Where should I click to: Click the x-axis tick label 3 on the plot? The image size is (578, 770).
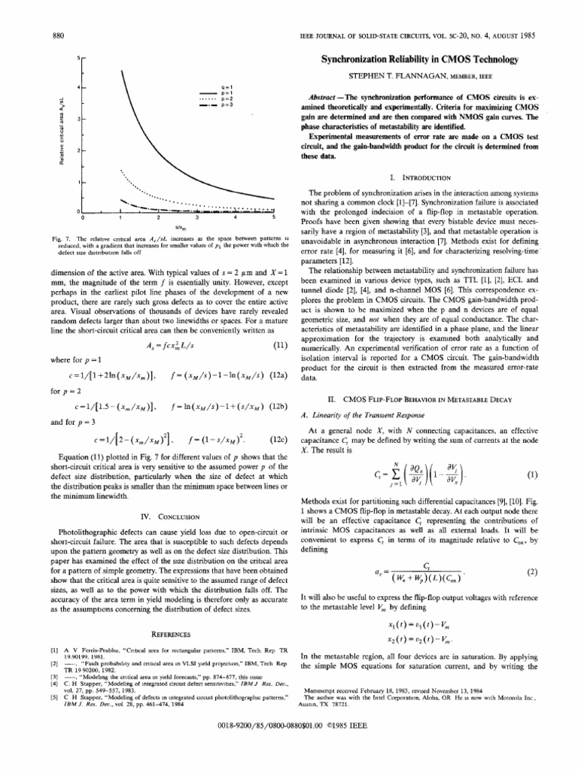(x=197, y=217)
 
